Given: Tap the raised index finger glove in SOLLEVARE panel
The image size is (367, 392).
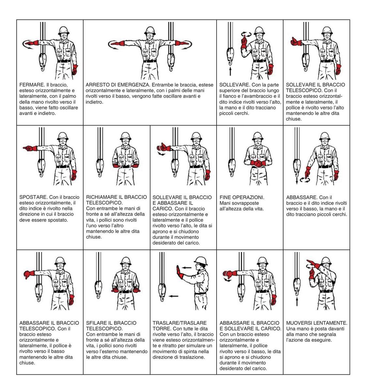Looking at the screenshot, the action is [243, 42].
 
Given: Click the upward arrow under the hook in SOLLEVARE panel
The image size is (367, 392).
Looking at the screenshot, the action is [230, 71].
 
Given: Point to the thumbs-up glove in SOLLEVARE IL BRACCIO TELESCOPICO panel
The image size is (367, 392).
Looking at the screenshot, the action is [296, 41].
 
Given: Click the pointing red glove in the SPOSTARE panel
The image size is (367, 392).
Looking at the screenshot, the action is [30, 149].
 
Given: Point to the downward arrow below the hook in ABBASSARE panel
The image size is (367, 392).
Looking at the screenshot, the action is [297, 179].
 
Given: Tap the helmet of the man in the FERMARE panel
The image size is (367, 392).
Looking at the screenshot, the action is [63, 30].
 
